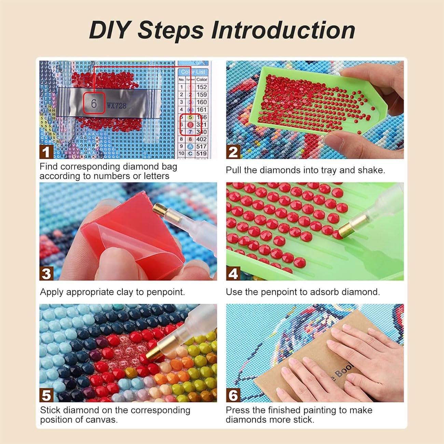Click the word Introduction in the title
[283, 30]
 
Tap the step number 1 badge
[46, 152]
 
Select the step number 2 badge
[233, 152]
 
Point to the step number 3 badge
[46, 274]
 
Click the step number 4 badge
[233, 274]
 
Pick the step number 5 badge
[46, 395]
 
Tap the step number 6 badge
[233, 395]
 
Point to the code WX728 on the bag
[116, 106]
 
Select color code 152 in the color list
[202, 87]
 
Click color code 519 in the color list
[202, 154]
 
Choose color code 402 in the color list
[202, 139]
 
